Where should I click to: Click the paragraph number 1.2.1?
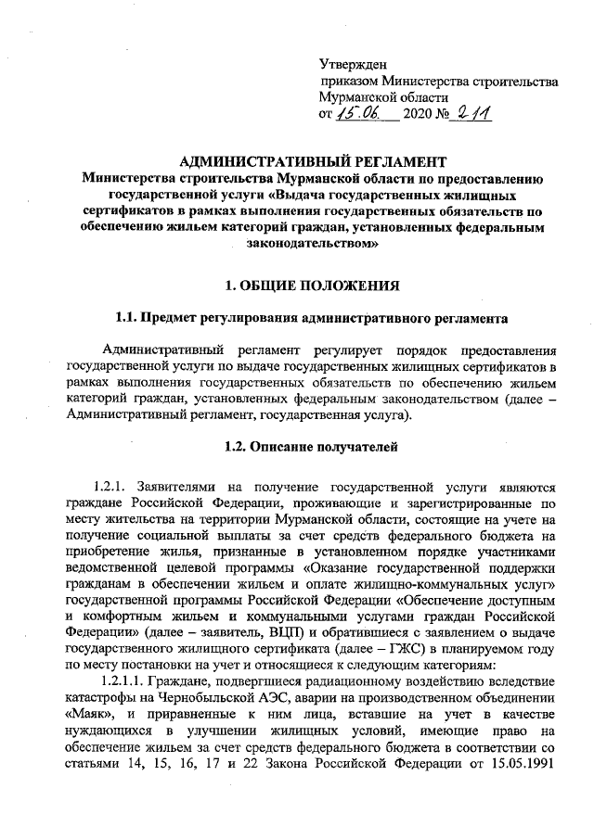point(113,486)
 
